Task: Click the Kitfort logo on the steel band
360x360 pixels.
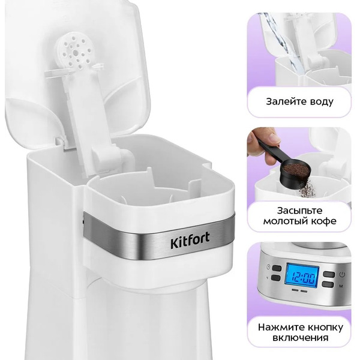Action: pyautogui.click(x=190, y=240)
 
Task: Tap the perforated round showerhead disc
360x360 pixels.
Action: pyautogui.click(x=75, y=52)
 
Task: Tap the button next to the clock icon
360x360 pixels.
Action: pyautogui.click(x=277, y=268)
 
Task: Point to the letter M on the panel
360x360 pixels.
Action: pyautogui.click(x=341, y=286)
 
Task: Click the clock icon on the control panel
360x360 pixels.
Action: pyautogui.click(x=268, y=267)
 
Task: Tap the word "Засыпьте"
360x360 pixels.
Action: pyautogui.click(x=299, y=211)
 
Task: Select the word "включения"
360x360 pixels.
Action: pyautogui.click(x=301, y=338)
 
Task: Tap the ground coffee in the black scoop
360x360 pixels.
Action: pyautogui.click(x=296, y=169)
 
